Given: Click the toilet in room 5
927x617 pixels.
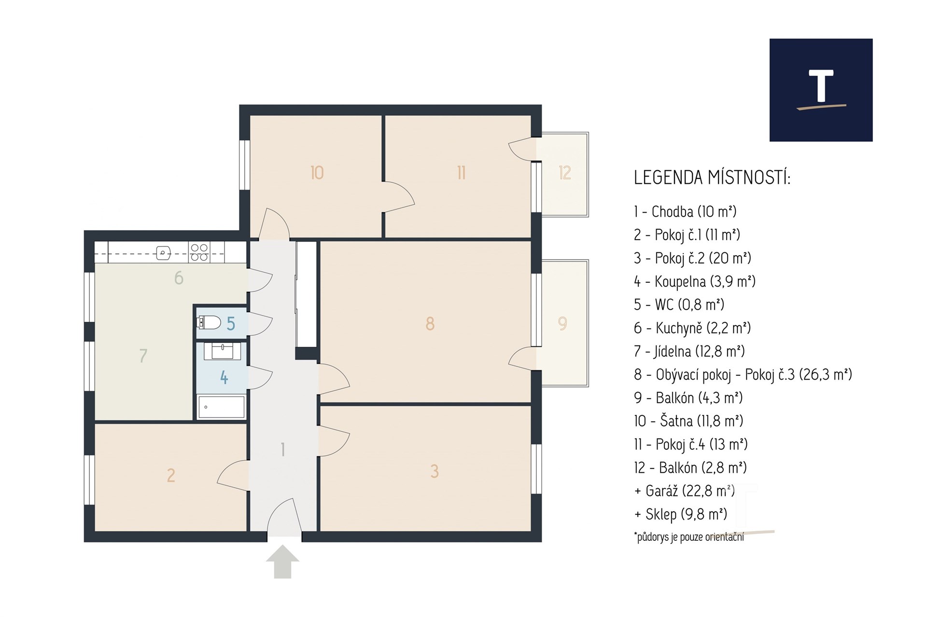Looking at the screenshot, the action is coord(209,322).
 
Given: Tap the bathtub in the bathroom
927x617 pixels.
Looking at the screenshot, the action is coord(221,407).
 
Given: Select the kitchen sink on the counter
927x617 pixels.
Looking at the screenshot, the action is coord(164,252).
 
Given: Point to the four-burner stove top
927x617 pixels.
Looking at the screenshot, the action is coord(199,252).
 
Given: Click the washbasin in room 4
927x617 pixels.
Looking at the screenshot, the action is coord(222,351).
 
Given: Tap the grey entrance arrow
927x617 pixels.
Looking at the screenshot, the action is coord(282,562).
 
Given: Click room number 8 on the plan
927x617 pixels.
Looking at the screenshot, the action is coord(430,323).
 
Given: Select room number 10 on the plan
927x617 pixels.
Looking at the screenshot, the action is coord(317,173).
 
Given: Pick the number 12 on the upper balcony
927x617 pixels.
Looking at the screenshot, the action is coord(564,173).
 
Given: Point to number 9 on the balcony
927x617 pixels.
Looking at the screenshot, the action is coord(562,323).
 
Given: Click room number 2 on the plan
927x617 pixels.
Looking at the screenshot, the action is coord(171,476).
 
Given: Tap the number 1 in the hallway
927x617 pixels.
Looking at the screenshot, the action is coord(283,450).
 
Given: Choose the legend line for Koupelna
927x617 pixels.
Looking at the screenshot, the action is coord(695,281).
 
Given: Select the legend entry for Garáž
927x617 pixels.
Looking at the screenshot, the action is coord(685,491).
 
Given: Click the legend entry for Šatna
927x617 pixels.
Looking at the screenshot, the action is coord(688,421).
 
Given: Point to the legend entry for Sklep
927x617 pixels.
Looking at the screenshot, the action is coord(681,514).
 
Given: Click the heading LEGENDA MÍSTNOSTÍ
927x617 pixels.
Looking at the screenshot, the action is coord(712,178).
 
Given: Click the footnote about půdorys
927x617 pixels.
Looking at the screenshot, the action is coord(689,537).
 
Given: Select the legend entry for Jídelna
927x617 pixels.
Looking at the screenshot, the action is coord(689,351).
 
